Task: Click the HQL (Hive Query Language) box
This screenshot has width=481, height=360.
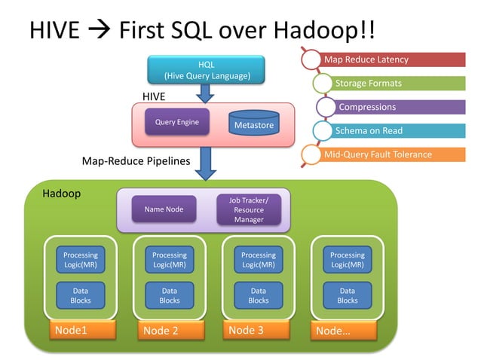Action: tap(206, 70)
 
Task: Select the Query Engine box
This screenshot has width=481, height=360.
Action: tap(177, 122)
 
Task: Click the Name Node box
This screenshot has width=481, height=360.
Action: tap(164, 209)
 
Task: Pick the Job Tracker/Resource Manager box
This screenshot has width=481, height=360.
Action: tap(249, 209)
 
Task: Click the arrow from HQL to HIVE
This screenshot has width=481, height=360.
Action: tap(205, 93)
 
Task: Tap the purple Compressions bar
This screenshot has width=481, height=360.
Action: tap(400, 107)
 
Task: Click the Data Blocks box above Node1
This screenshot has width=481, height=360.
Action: tap(81, 295)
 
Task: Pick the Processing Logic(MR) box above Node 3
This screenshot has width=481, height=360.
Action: tap(258, 260)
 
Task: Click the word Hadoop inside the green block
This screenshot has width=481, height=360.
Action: tap(61, 194)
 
